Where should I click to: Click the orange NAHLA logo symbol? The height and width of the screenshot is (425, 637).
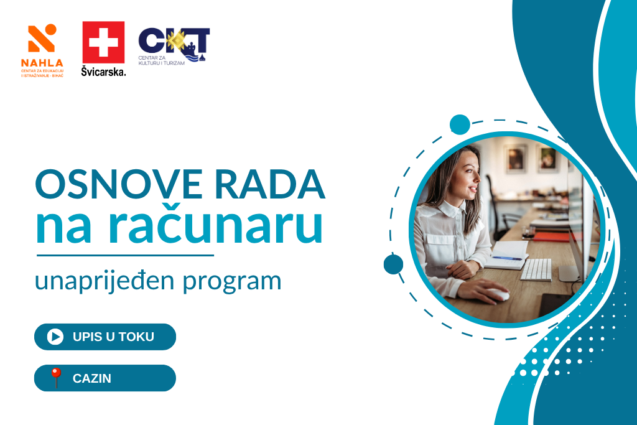point(42,38)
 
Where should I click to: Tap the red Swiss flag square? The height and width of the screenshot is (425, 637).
point(103,42)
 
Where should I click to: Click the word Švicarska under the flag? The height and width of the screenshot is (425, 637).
point(104,72)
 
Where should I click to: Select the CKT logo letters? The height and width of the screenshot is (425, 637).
point(174,43)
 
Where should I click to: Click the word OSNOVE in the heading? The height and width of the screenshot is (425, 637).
point(119,184)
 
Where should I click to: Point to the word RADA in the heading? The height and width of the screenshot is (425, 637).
point(269,184)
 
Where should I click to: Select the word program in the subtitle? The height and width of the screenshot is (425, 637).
point(231,283)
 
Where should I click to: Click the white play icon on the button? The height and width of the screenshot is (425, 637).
point(55,337)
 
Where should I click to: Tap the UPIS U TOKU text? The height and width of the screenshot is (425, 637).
point(113,337)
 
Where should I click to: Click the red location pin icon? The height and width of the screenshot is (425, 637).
point(55,378)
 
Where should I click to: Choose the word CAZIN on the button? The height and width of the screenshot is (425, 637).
point(92,378)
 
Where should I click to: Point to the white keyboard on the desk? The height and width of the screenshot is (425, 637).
point(536,269)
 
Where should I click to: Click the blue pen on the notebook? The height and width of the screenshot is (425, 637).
point(506,258)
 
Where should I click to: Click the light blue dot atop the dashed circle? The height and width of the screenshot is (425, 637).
point(460,124)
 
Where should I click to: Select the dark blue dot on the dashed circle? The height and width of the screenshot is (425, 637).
point(393,264)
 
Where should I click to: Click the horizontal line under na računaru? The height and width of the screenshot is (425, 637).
point(125,256)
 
